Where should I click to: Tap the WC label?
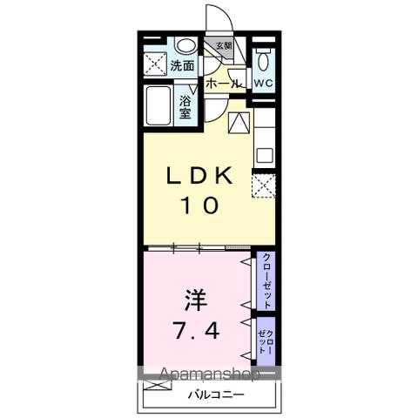click(x=263, y=82)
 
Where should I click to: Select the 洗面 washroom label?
click(x=182, y=65)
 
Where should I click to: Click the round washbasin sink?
click(x=185, y=47)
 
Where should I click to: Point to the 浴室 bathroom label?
click(x=185, y=106)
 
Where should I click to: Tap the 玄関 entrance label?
click(x=224, y=47)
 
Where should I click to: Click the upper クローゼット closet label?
click(x=267, y=280)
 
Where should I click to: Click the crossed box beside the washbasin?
click(x=156, y=64)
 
